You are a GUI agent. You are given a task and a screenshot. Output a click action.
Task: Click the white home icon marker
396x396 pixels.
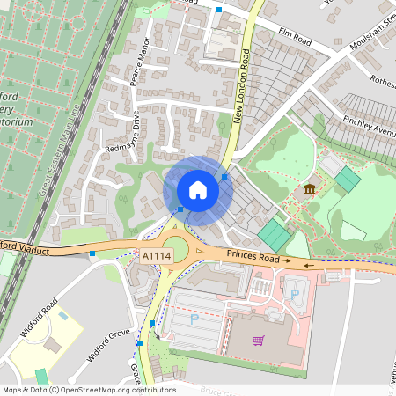coord(198,189)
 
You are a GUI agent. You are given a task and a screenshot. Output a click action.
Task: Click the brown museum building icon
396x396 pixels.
coord(309,189)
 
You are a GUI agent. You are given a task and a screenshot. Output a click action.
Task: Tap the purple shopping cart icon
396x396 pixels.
coord(258,341)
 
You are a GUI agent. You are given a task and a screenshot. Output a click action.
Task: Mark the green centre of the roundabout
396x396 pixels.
coord(176,246)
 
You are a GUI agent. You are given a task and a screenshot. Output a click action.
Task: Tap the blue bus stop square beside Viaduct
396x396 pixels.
coord(92,254)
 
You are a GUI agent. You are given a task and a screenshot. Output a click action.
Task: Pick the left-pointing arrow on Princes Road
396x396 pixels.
coord(310,263)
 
